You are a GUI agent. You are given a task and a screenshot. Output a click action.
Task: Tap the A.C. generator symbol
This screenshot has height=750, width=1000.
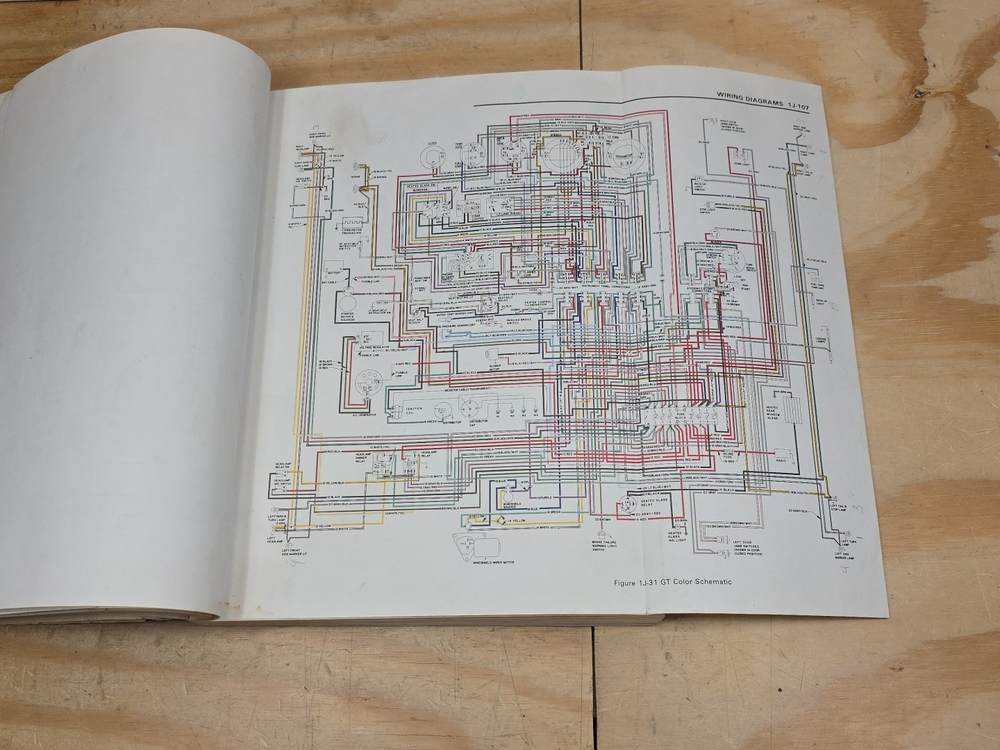pyautogui.click(x=362, y=385)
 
